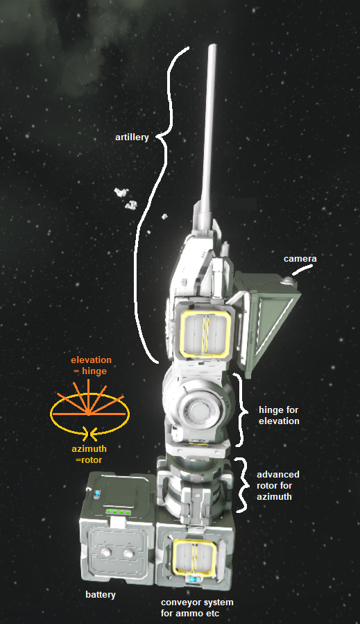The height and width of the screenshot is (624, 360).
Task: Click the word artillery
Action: (132, 137)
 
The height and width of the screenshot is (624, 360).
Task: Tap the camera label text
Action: (300, 259)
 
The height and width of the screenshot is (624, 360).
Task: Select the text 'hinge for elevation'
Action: (278, 415)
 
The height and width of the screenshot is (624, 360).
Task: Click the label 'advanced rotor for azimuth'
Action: (277, 485)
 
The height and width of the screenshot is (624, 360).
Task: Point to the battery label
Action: (101, 595)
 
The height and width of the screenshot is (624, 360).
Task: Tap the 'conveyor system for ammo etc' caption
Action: (197, 607)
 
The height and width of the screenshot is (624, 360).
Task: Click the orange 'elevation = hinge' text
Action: (91, 365)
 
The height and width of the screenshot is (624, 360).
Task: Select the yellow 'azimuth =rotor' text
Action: (89, 454)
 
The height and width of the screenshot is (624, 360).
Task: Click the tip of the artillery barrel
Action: (212, 46)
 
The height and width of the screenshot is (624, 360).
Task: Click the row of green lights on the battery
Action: (118, 512)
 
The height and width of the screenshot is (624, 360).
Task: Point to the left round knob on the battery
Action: (105, 553)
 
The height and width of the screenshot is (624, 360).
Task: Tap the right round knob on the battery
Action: (128, 554)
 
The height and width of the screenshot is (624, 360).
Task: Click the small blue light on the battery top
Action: (98, 494)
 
